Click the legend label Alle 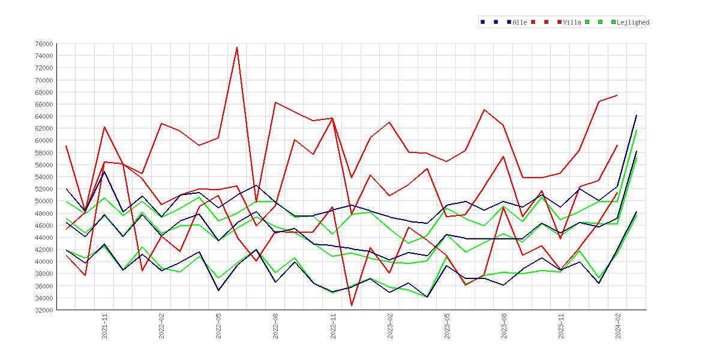click(x=520, y=22)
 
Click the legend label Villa click(x=572, y=22)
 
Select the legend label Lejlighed click(x=633, y=22)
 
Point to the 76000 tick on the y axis click(x=43, y=44)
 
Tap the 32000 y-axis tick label click(x=43, y=310)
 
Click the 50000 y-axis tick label click(x=43, y=201)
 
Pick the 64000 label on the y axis click(x=43, y=116)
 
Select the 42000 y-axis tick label click(x=43, y=250)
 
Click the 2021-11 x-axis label click(x=104, y=326)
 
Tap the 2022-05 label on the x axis click(x=218, y=326)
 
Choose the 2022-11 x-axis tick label click(x=332, y=326)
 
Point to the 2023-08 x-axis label click(x=503, y=326)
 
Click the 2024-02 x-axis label click(x=618, y=326)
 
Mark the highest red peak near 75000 click(x=237, y=47)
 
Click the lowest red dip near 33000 click(x=352, y=305)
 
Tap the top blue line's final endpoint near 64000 click(x=636, y=115)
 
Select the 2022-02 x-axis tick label click(x=161, y=326)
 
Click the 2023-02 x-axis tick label click(x=390, y=326)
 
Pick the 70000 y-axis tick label click(x=43, y=80)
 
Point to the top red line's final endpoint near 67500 click(x=617, y=95)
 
